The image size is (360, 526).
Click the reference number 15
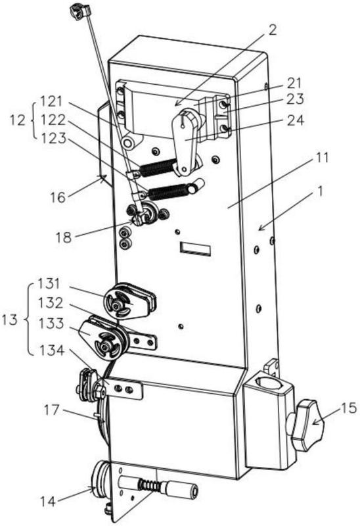(x=348, y=408)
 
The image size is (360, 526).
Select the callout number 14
(x=49, y=502)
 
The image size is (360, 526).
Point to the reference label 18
(x=64, y=237)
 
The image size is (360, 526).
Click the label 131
(x=49, y=284)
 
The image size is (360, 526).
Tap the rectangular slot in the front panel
(x=195, y=249)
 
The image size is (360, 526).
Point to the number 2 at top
(x=273, y=30)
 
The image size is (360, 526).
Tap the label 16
(x=58, y=197)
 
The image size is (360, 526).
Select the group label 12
(x=18, y=120)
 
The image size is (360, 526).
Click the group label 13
(x=9, y=320)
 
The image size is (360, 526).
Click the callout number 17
(x=51, y=410)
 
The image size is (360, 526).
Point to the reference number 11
(x=322, y=158)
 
